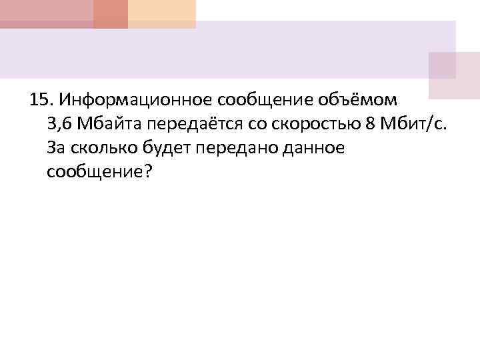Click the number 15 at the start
40,101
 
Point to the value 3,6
59,124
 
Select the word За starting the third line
56,148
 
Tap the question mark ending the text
148,173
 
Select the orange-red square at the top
110,13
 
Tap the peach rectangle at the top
162,13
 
